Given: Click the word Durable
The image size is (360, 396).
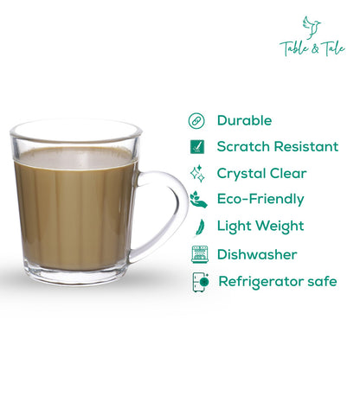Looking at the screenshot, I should coord(244,121).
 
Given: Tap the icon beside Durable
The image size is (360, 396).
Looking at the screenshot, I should coord(196,121).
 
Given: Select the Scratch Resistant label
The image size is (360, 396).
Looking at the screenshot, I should coord(277,147).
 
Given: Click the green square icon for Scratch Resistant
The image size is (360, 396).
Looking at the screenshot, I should coord(196,147).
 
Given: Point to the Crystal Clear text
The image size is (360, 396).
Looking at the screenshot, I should coord(261,173).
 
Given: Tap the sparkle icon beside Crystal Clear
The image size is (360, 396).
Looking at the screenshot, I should coord(196,173).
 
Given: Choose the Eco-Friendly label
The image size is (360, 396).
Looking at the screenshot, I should coord(260,199).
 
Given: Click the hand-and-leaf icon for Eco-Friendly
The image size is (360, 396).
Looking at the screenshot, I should coord(197,200).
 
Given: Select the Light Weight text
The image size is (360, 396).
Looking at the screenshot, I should coord(260,227).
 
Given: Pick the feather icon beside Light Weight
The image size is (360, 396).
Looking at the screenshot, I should coord(197,227).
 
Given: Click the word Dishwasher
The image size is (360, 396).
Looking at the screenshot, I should coord(257,254).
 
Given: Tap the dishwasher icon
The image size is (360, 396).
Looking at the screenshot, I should coord(198,254).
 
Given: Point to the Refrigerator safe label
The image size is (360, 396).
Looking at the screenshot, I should coord(277,281).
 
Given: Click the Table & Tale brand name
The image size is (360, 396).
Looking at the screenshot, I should coord(312,48).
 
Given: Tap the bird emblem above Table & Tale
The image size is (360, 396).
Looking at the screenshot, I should coord(312,26).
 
